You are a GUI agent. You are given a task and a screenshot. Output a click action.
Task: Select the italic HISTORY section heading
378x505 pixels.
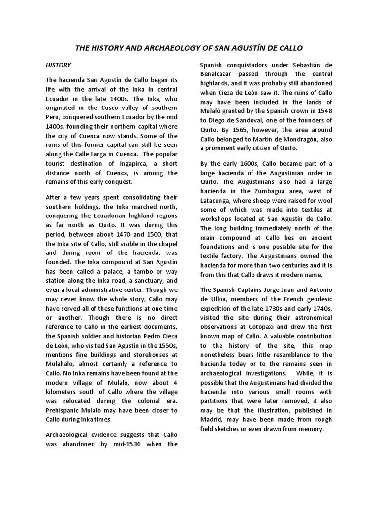(x=59, y=65)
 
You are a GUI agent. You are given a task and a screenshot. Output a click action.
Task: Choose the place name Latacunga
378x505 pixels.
(x=220, y=201)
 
